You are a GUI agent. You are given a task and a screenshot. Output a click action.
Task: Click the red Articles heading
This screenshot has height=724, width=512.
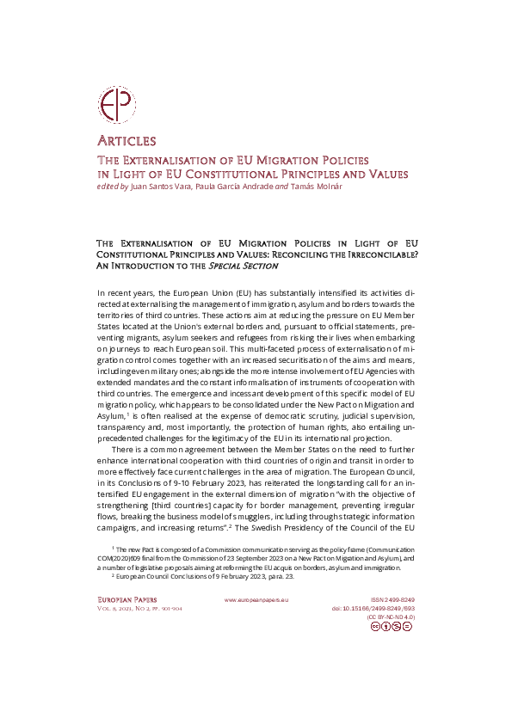click(x=126, y=141)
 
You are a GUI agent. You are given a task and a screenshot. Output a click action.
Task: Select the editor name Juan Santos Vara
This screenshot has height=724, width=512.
click(x=163, y=187)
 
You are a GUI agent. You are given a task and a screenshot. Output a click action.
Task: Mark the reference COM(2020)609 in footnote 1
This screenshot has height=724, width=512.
click(x=141, y=556)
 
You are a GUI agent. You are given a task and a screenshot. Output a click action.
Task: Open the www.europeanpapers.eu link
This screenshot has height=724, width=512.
click(x=256, y=598)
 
